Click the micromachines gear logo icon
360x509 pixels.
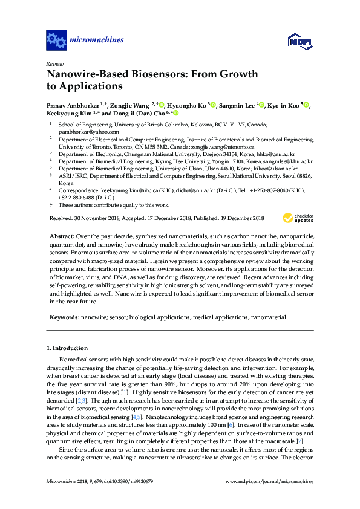point(56,41)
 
